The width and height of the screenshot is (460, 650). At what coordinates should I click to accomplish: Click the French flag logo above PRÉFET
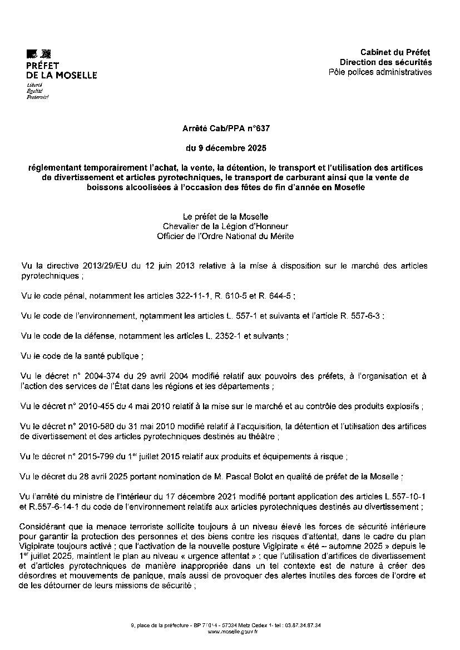tap(38, 54)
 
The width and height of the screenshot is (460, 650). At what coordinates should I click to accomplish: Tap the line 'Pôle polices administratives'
tap(380, 72)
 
